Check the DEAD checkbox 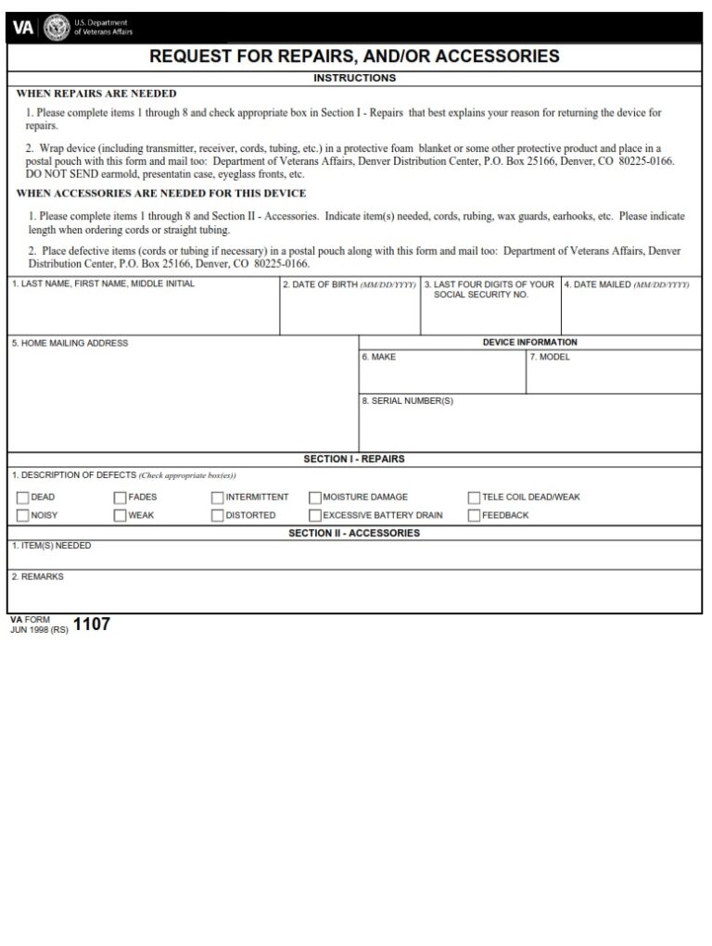[23, 498]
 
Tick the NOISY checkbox [23, 515]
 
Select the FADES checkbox [121, 498]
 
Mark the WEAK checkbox [121, 515]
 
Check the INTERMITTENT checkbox [218, 498]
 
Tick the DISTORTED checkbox [218, 515]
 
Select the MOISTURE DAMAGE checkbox [315, 498]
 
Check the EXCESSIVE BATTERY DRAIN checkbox [315, 515]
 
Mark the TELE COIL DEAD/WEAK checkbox [475, 498]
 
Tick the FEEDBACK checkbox [475, 515]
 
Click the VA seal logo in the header [57, 27]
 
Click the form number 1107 [92, 624]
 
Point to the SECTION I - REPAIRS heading [354, 459]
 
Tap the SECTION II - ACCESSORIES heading [354, 533]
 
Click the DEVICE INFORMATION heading [529, 342]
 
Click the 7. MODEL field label [550, 357]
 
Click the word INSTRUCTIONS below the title [354, 78]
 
